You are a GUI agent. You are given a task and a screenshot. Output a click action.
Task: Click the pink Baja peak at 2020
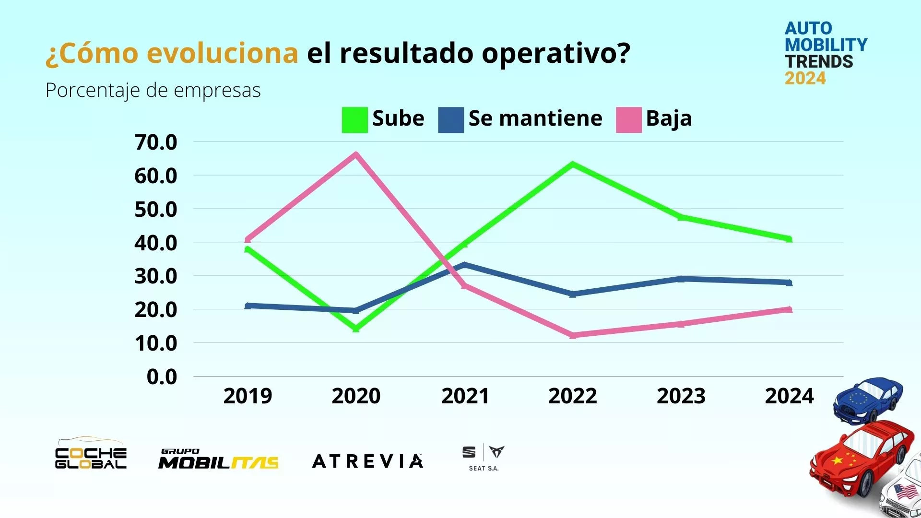(x=355, y=154)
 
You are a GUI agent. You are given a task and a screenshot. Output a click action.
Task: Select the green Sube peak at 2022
(x=573, y=165)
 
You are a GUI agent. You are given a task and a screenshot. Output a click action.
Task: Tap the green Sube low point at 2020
(x=355, y=329)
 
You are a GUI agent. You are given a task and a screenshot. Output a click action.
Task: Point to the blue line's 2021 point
(x=464, y=264)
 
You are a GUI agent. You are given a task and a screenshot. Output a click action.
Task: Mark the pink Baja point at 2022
(x=573, y=335)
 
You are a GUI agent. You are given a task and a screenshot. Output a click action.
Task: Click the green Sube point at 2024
(x=789, y=238)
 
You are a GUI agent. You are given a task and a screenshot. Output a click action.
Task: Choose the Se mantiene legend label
(x=535, y=118)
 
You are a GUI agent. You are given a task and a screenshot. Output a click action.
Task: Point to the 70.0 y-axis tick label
(x=155, y=142)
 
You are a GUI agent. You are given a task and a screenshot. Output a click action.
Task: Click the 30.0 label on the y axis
(x=155, y=276)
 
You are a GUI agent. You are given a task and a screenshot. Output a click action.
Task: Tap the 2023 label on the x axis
(x=681, y=396)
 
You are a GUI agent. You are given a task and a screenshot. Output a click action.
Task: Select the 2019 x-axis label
(x=248, y=396)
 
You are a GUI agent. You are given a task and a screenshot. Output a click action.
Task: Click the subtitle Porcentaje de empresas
(x=153, y=90)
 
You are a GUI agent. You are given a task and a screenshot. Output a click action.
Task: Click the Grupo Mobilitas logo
(x=218, y=459)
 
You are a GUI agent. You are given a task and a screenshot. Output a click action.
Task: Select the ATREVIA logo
(x=367, y=461)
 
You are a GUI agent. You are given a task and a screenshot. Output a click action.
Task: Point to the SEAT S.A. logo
(x=484, y=458)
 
